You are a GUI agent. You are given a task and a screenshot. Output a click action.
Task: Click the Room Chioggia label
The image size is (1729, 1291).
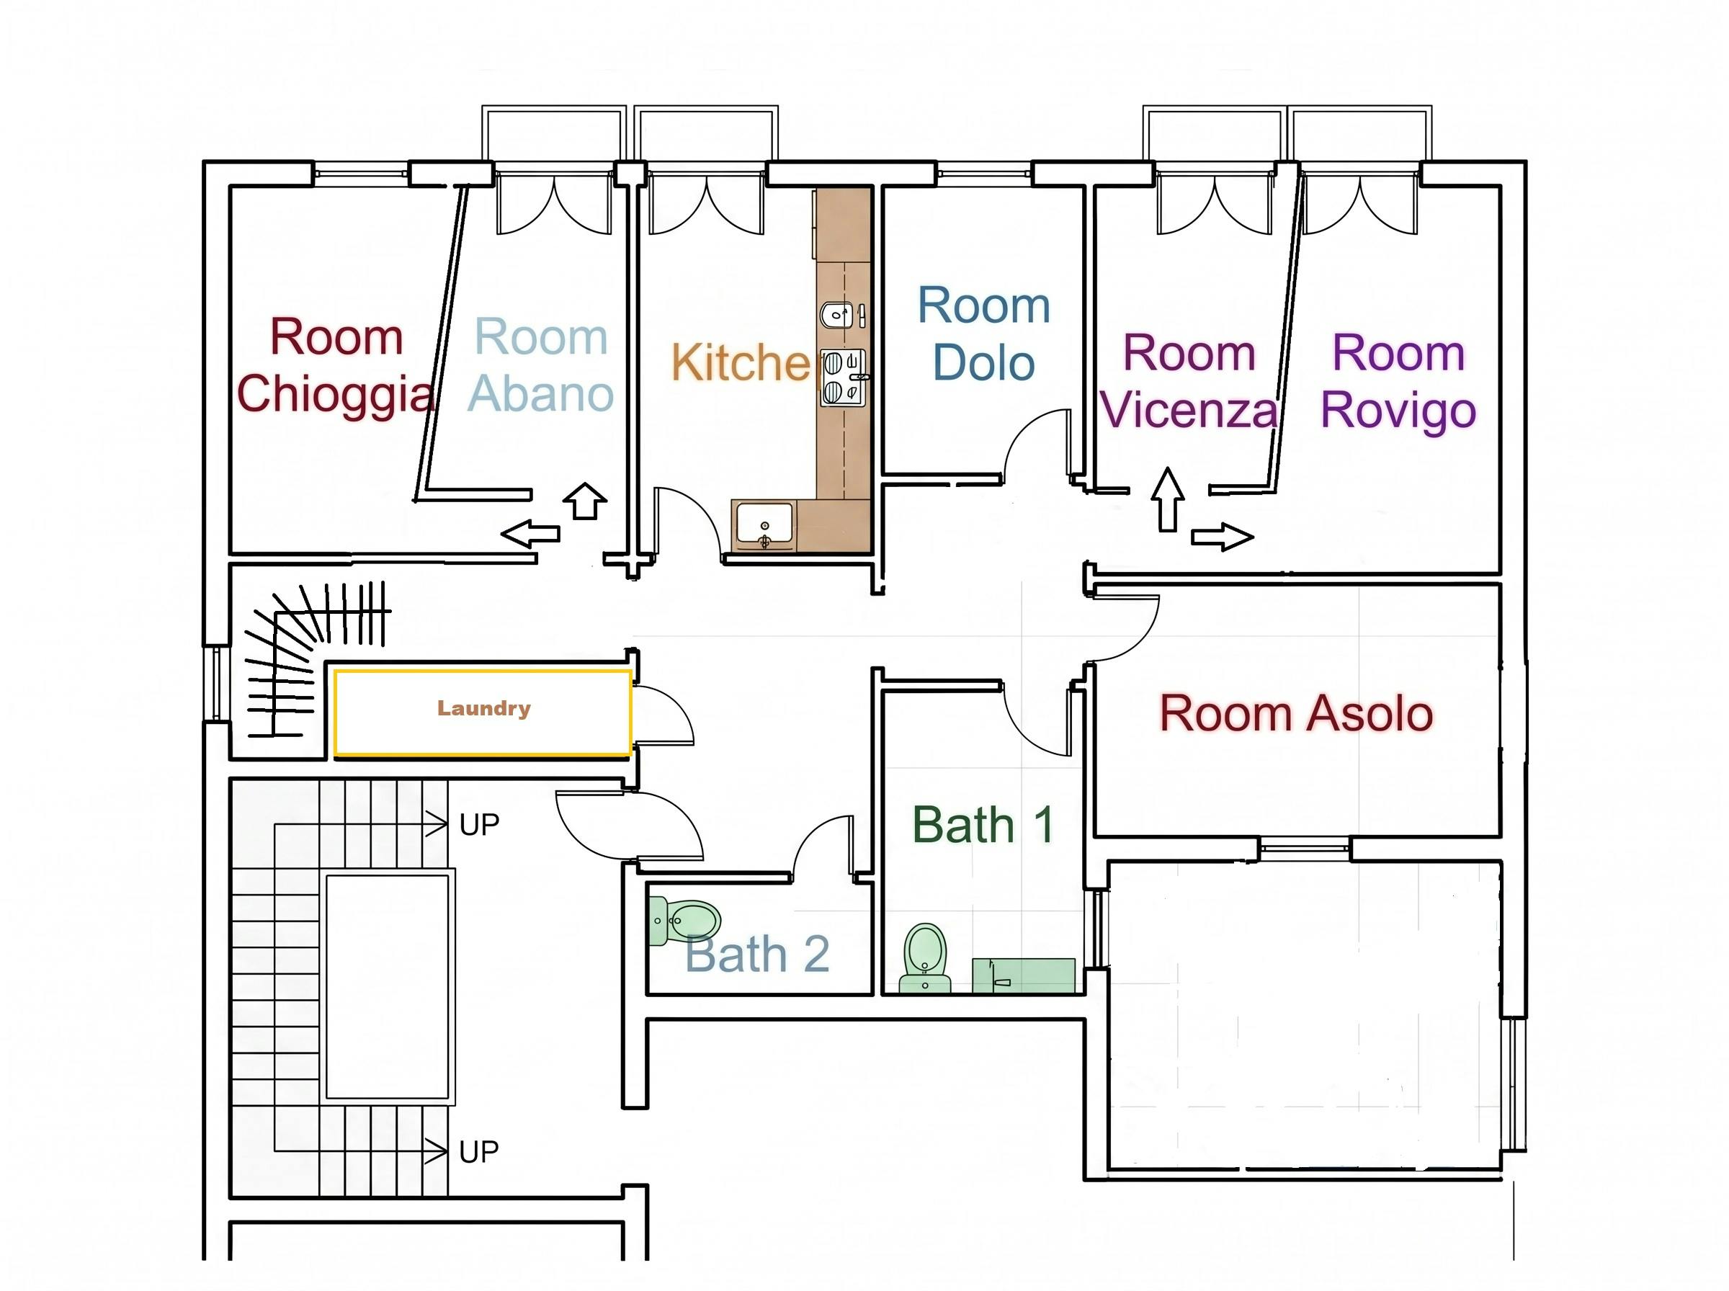click(x=335, y=366)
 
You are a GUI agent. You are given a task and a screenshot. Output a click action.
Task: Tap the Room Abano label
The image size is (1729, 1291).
click(x=540, y=366)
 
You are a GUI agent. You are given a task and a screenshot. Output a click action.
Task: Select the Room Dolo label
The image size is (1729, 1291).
click(x=983, y=334)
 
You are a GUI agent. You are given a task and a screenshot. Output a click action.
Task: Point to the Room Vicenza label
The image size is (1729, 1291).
click(x=1189, y=381)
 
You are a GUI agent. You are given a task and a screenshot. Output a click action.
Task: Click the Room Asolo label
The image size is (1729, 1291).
click(x=1295, y=713)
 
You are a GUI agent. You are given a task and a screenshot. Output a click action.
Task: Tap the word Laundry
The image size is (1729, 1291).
click(x=483, y=709)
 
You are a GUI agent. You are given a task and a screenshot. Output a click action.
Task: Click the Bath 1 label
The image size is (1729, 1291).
click(x=983, y=825)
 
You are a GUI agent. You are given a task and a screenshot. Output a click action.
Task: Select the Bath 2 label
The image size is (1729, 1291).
click(x=757, y=954)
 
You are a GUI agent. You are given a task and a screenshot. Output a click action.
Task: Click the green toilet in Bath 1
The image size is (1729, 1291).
click(x=925, y=958)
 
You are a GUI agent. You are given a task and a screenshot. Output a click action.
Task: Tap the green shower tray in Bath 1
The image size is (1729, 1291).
click(x=1024, y=976)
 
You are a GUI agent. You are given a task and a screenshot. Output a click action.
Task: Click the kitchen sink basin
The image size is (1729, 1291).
click(x=765, y=527)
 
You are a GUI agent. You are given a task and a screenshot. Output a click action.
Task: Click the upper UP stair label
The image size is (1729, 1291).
click(x=479, y=825)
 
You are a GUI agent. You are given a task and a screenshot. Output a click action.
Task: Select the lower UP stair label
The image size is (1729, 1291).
click(x=479, y=1152)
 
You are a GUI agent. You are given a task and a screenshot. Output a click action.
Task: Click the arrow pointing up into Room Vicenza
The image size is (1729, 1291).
click(x=1168, y=500)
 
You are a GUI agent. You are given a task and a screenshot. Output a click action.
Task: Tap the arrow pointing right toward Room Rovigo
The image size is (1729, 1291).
click(x=1223, y=537)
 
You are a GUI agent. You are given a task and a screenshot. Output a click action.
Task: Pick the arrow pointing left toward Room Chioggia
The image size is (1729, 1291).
click(x=530, y=534)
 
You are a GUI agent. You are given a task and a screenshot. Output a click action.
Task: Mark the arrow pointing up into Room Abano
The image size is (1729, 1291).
click(x=585, y=501)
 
